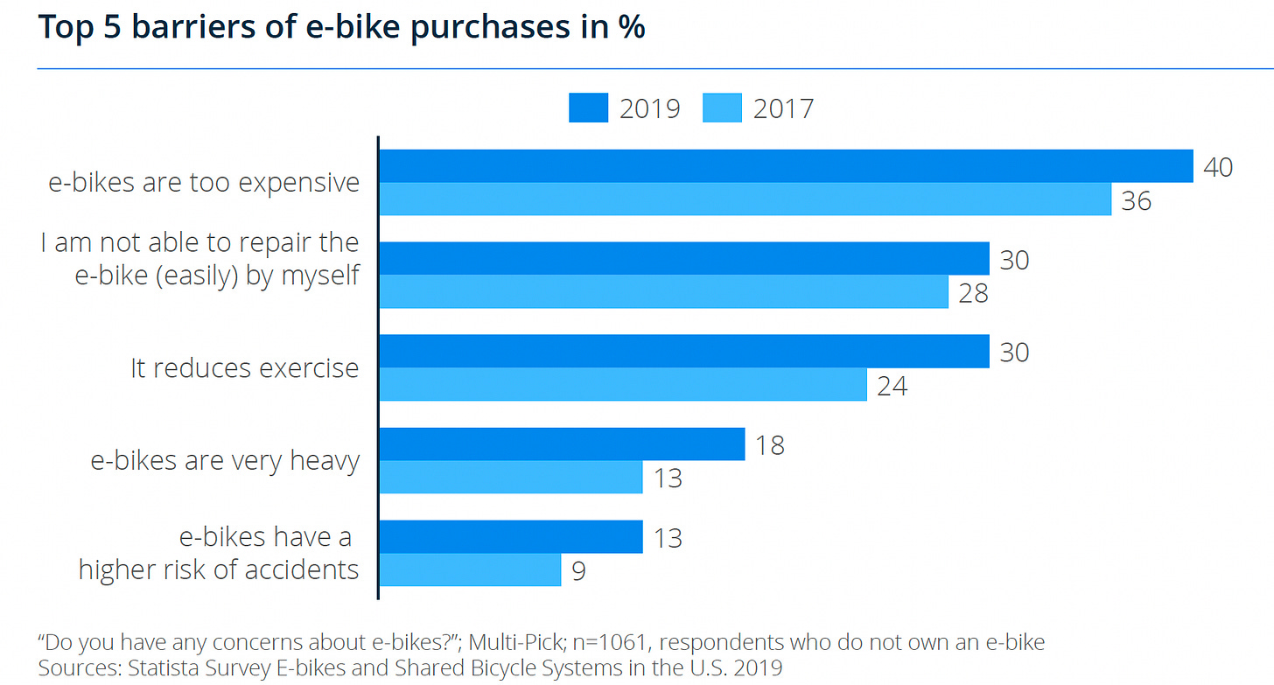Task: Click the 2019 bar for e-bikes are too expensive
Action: coord(786,166)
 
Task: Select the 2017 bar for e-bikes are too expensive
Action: coord(745,199)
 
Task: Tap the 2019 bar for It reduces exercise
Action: coord(683,352)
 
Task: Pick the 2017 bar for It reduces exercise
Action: coord(622,385)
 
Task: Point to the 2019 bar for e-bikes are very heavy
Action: coord(561,444)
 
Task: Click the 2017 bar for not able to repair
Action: coord(663,292)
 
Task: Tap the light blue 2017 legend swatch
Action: coord(723,108)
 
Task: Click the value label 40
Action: coord(1218,167)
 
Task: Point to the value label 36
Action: coord(1136,201)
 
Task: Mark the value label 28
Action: coord(973,293)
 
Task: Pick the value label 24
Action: coord(891,386)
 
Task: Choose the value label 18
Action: coord(769,445)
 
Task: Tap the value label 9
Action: coord(578,571)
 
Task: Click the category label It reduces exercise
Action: coord(245,368)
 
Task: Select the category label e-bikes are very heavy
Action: coord(225,461)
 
